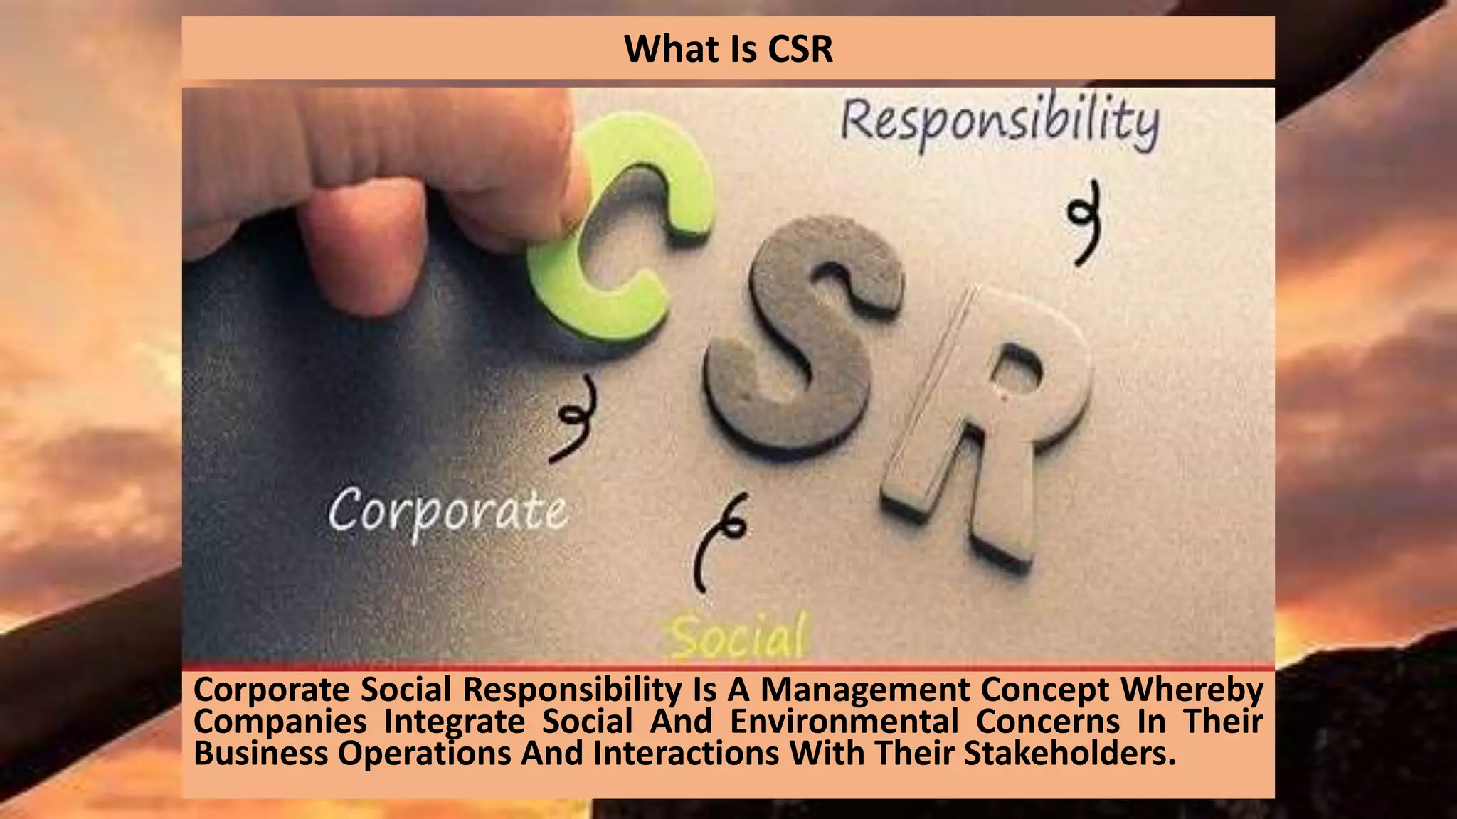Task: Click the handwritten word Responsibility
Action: point(1000,122)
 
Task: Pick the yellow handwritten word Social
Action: point(740,635)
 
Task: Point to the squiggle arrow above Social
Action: point(719,540)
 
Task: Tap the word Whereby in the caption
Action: point(1192,690)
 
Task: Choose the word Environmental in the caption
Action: point(844,722)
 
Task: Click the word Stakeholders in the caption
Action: point(1069,753)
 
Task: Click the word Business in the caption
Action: point(260,753)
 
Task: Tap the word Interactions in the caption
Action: point(686,753)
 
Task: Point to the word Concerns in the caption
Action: point(1048,722)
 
